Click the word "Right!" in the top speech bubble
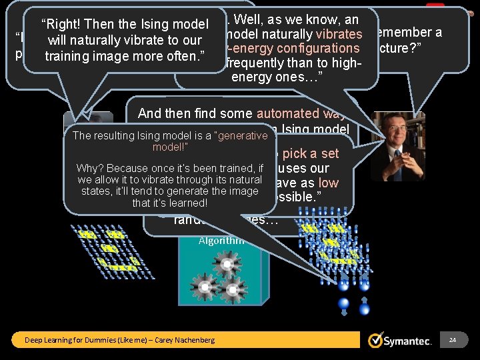pyautogui.click(x=61, y=25)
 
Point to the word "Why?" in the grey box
pyautogui.click(x=89, y=168)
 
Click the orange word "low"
pyautogui.click(x=328, y=183)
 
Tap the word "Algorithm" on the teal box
pyautogui.click(x=221, y=241)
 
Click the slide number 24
pyautogui.click(x=452, y=340)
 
